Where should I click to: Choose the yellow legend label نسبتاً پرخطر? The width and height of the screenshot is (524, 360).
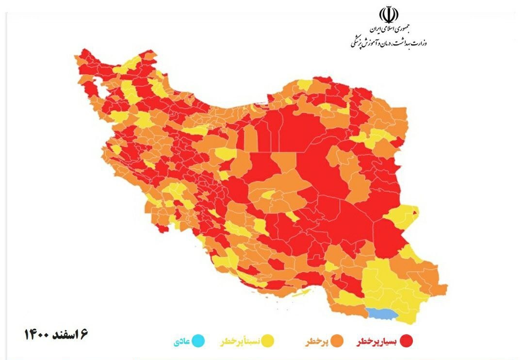tap(240, 342)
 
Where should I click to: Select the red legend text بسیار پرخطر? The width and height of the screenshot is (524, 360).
tap(377, 342)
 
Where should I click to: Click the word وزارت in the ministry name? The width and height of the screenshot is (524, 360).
tap(421, 43)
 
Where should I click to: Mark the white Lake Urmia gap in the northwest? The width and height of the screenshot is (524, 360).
tap(103, 91)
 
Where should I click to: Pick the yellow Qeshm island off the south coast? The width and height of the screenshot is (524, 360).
tap(301, 293)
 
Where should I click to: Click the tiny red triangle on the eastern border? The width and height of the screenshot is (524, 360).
tap(415, 212)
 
